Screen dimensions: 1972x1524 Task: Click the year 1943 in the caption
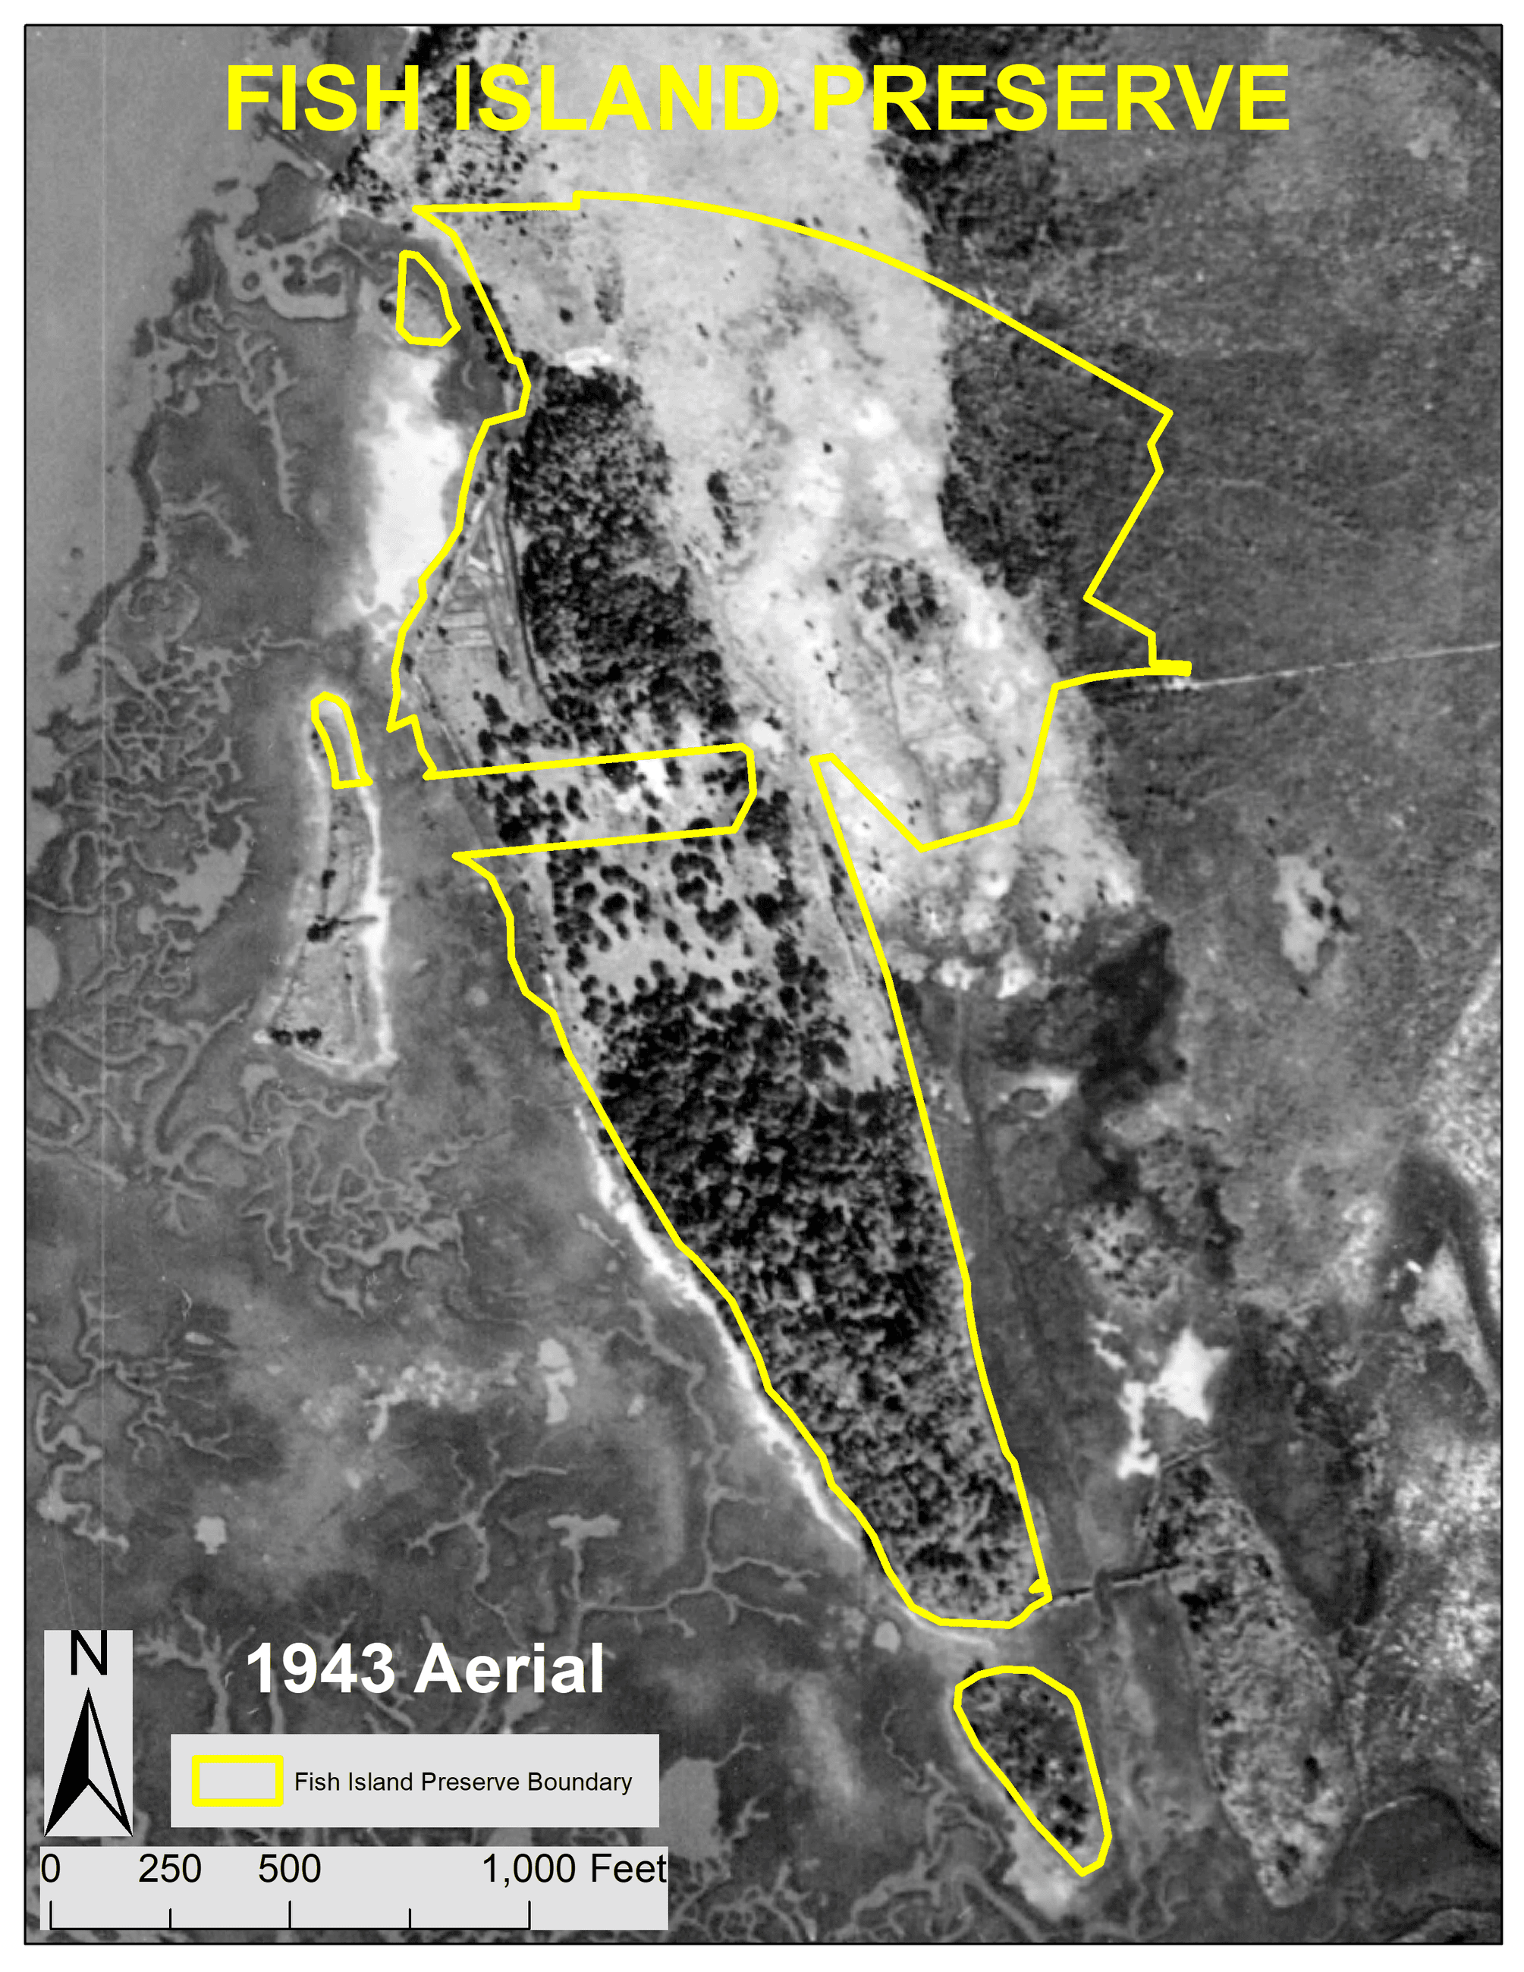[x=321, y=1669]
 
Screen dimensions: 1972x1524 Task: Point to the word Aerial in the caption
[x=509, y=1669]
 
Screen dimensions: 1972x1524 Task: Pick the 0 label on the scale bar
[x=51, y=1869]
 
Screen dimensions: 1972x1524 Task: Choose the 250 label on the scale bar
[x=170, y=1869]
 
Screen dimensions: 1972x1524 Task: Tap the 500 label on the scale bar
[x=289, y=1869]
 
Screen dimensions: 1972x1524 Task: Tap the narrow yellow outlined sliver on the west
[x=340, y=740]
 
